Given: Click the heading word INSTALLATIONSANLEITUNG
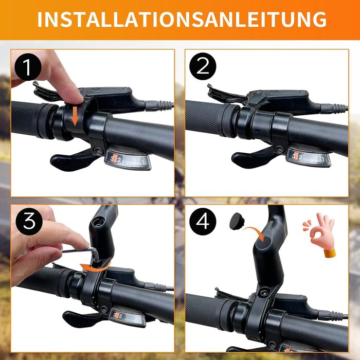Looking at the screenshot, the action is click(182, 20).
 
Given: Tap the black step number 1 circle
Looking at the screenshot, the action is click(28, 67).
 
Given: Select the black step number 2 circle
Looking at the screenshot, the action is click(203, 66).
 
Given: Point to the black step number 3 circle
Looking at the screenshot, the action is click(29, 222).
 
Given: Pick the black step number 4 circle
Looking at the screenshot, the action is click(203, 221).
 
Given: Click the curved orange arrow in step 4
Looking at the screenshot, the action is click(255, 233).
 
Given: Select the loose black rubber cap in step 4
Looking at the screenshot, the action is click(237, 221).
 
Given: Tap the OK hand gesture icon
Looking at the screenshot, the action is click(319, 234).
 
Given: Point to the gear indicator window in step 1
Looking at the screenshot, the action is click(128, 159).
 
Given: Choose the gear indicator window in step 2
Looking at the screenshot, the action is click(309, 158).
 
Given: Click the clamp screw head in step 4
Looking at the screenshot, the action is click(264, 293).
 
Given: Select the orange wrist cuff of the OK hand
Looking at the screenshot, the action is click(330, 253).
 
